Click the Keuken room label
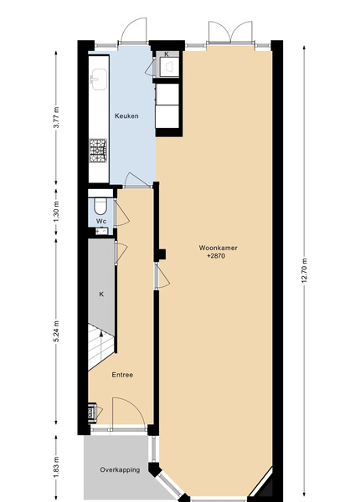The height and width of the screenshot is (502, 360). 126,116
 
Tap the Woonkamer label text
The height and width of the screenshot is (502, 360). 219,248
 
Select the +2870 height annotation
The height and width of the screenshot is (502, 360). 216,256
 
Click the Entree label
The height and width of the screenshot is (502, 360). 122,375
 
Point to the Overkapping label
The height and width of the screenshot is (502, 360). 120,470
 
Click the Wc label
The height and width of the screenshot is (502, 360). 101,221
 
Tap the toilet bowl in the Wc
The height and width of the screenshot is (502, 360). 100,206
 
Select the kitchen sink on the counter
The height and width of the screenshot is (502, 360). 99,79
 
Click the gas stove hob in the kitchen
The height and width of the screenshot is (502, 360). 98,151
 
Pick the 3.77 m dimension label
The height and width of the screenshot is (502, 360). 56,117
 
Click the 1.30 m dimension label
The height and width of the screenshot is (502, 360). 56,212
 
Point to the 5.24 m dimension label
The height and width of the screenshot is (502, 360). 56,331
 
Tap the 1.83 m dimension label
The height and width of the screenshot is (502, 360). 56,466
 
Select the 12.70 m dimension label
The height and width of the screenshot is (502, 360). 304,270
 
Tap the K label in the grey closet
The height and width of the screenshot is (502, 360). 101,294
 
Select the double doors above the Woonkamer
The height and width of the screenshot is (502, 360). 230,33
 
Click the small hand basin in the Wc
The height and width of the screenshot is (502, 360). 102,231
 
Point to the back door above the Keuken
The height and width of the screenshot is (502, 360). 134,31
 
